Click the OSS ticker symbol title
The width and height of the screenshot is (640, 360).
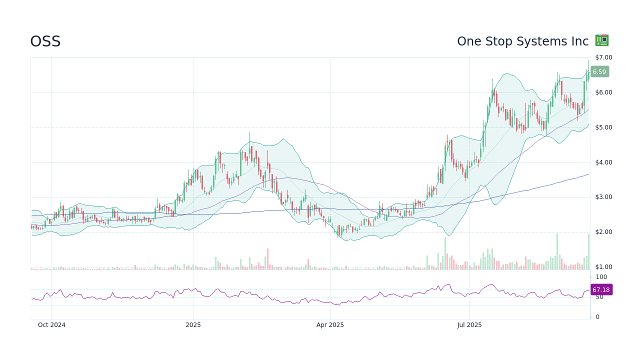coord(45,41)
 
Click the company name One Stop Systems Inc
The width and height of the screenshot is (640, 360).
coord(522,41)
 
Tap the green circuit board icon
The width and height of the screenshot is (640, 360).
coord(601,40)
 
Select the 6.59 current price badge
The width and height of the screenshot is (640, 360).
coord(599,71)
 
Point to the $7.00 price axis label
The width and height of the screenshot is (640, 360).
coord(603,57)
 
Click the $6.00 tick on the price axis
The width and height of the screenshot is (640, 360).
coord(603,92)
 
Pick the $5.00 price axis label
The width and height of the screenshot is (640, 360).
coord(603,127)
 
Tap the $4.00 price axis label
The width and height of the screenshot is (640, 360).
coord(603,162)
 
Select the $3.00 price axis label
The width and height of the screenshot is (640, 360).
coord(603,197)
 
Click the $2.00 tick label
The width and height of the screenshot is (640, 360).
coord(603,232)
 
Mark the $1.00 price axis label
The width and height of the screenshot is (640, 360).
coord(603,267)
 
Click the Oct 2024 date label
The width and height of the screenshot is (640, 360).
coord(51,325)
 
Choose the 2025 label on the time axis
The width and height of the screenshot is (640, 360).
coord(193,325)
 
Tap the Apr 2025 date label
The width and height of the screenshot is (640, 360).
coord(330,325)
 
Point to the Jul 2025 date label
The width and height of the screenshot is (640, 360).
coord(469,325)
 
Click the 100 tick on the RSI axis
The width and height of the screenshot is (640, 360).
coord(601,277)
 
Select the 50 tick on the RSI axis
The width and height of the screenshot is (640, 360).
coord(599,297)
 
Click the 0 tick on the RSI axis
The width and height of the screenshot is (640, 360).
coord(597,317)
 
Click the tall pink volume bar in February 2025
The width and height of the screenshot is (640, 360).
coord(267,259)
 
